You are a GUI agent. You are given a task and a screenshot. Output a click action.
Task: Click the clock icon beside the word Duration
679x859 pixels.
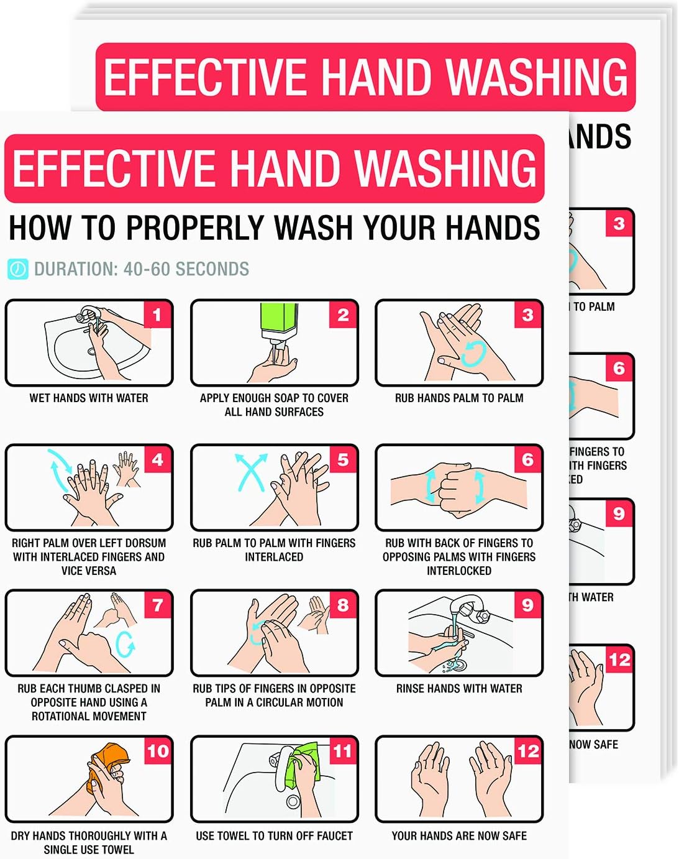tap(17, 269)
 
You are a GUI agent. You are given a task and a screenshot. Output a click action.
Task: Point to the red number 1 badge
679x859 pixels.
tap(157, 315)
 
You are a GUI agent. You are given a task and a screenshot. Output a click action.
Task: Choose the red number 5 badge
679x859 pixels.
tap(342, 460)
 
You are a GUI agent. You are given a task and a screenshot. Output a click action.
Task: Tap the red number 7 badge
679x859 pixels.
tap(157, 605)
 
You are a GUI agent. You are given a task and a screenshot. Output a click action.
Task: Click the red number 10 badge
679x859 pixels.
tap(157, 751)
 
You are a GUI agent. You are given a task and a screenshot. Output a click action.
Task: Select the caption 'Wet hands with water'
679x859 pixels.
tap(89, 398)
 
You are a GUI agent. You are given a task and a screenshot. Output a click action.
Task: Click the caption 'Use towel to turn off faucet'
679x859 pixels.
tap(274, 836)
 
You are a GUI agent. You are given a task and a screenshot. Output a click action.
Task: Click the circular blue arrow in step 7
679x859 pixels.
tap(125, 645)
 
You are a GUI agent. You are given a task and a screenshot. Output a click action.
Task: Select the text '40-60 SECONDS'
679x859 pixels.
tap(186, 269)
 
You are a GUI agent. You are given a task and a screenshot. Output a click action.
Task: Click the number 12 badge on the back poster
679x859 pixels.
tap(619, 659)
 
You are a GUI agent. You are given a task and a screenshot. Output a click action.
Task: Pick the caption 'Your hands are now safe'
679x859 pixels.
tap(458, 836)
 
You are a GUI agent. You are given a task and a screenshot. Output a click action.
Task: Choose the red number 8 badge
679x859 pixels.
tap(342, 605)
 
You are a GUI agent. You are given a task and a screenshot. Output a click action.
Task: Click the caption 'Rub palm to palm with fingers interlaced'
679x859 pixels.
tap(274, 549)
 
